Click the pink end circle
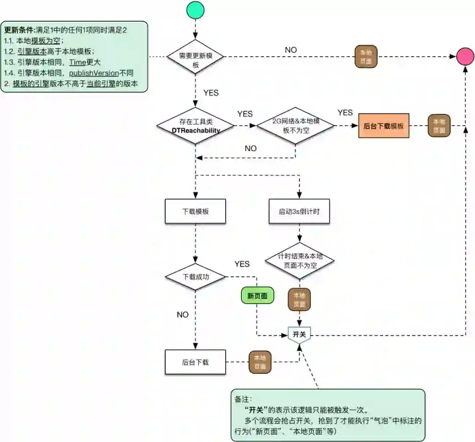coord(465,57)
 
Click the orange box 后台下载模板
coord(384,126)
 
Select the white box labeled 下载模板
coord(195,211)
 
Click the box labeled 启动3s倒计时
coord(299,211)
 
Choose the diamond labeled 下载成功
coord(195,277)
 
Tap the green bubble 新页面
coord(257,296)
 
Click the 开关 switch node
coord(300,335)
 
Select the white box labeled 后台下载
coord(195,362)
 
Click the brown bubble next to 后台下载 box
coord(260,362)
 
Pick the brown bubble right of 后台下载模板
coord(439,126)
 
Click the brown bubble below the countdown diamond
coord(299,300)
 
